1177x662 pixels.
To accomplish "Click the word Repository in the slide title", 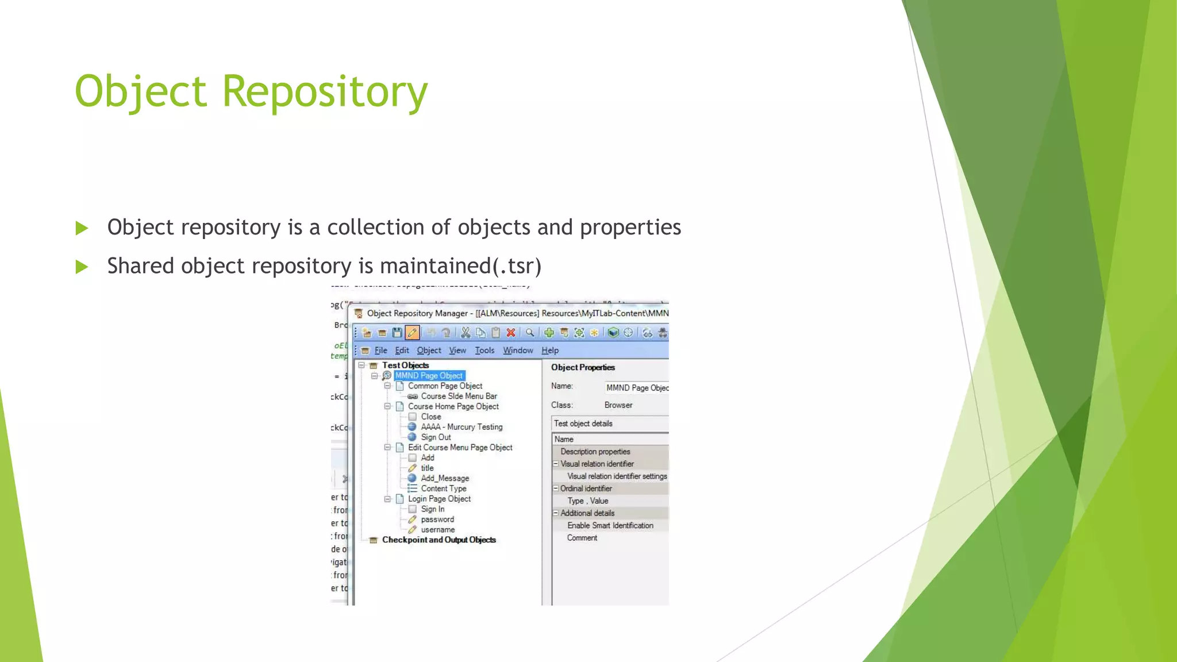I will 325,92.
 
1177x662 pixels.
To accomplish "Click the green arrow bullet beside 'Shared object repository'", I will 82,267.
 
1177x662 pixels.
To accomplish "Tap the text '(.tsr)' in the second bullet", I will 517,266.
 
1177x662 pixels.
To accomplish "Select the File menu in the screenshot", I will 380,351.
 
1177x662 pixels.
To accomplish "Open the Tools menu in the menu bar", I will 484,351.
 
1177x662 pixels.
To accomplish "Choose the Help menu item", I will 550,351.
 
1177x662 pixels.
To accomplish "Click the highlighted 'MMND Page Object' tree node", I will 429,376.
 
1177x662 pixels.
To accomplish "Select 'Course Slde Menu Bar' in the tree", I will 459,397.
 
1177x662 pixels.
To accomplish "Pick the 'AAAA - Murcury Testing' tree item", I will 461,427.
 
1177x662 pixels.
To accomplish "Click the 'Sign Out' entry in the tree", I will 436,437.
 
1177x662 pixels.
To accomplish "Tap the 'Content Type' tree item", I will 443,488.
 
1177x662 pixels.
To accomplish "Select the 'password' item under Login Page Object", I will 437,519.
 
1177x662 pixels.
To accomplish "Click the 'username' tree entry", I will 437,530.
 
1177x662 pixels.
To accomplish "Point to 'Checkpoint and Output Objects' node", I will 439,540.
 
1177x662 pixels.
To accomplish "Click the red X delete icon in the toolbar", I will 510,333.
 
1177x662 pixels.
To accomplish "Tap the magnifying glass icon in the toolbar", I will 530,333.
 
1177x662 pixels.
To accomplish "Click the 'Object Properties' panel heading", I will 583,368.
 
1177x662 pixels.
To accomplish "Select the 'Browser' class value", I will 618,405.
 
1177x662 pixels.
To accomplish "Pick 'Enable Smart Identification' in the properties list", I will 610,526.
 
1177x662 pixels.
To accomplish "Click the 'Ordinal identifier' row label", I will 586,488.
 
